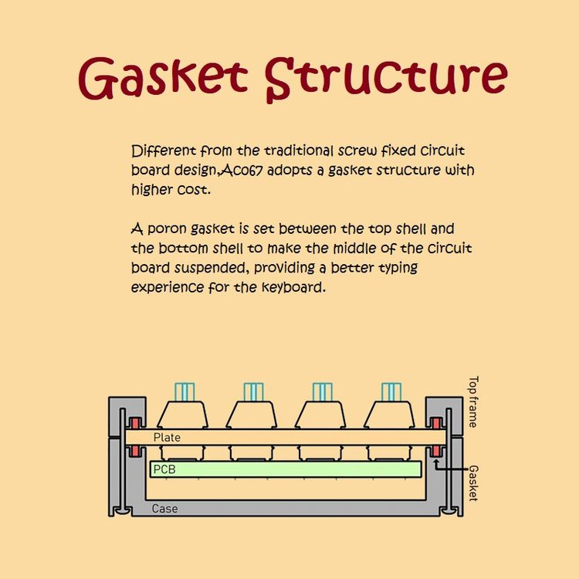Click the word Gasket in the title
click(x=163, y=79)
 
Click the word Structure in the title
click(x=386, y=79)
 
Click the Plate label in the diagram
click(x=167, y=438)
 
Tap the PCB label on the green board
click(x=164, y=469)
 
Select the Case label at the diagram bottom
click(x=164, y=509)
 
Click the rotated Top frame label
click(x=473, y=401)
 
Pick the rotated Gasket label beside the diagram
click(x=473, y=483)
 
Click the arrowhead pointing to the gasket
click(x=436, y=462)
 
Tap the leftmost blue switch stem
click(x=185, y=392)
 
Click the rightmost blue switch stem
click(x=391, y=392)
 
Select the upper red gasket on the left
click(x=135, y=424)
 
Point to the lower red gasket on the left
click(x=135, y=451)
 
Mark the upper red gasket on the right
click(x=436, y=424)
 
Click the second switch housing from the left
click(x=252, y=415)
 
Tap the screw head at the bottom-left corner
click(x=122, y=511)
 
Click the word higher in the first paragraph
click(x=152, y=190)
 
